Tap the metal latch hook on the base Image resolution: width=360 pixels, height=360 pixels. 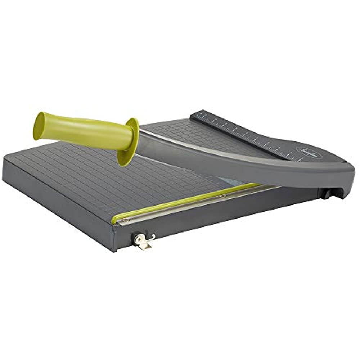click(x=143, y=240)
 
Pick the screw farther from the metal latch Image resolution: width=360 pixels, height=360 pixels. click(x=223, y=196)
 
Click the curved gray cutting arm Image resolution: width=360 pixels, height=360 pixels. click(x=252, y=169)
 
